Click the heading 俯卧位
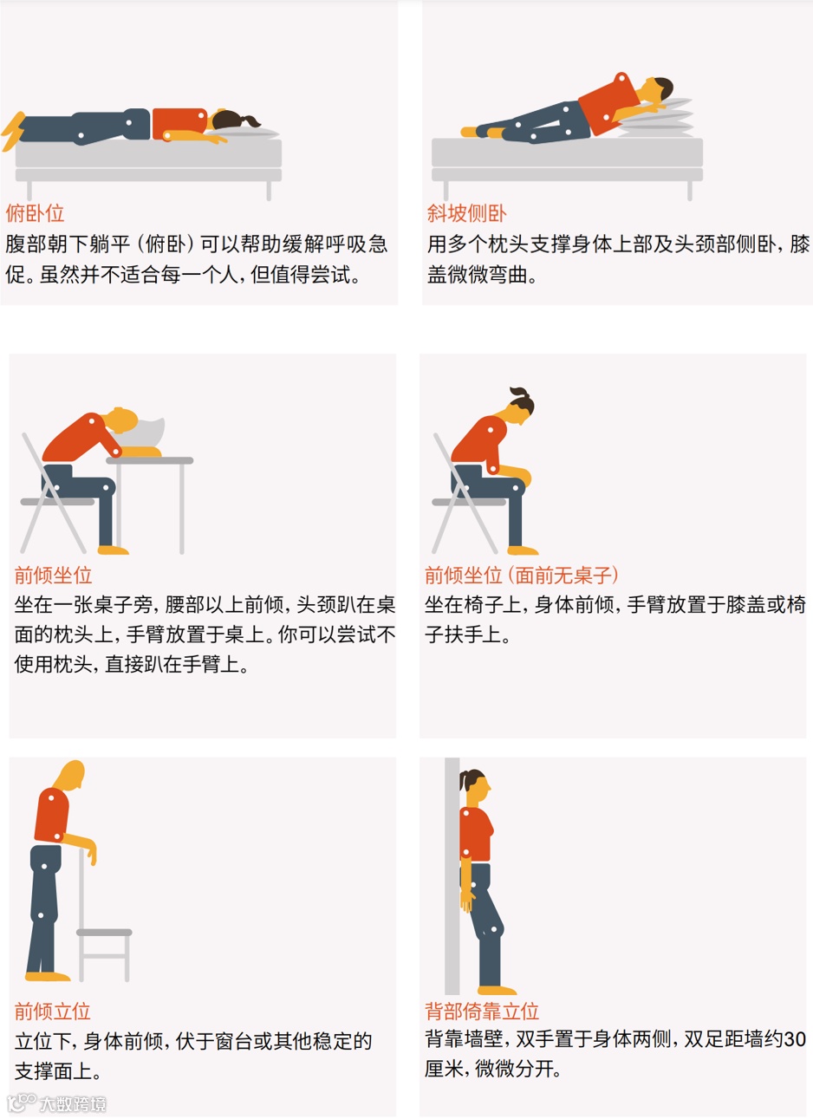point(35,213)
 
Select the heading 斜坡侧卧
point(466,213)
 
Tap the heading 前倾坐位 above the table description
point(53,575)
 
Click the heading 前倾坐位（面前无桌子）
point(522,575)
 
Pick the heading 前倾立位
point(52,1012)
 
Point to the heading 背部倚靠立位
point(482,1012)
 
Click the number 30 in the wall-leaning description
point(795,1039)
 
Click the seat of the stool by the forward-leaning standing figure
point(104,933)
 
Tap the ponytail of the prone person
point(250,120)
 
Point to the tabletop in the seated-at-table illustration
point(150,460)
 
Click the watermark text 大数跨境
point(73,1104)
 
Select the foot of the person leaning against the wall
point(497,990)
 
